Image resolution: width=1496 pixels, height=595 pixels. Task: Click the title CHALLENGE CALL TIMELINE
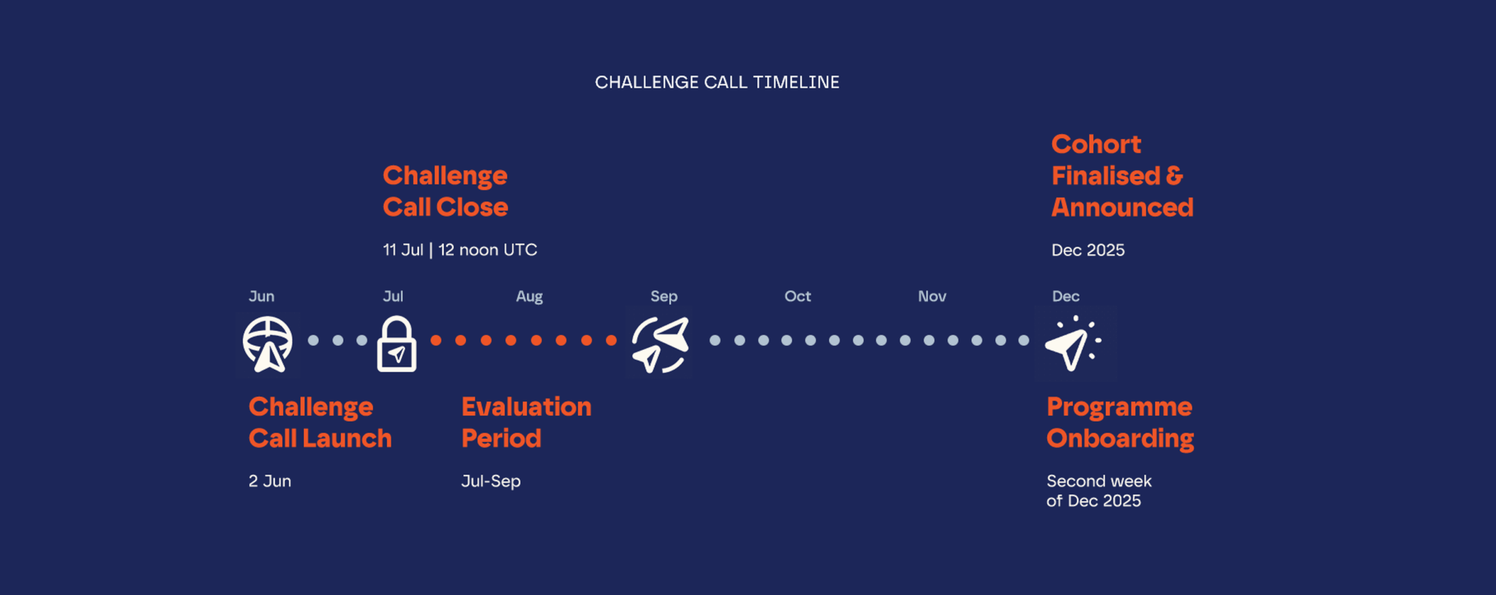click(x=717, y=82)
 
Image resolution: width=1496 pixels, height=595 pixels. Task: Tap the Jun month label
click(x=261, y=297)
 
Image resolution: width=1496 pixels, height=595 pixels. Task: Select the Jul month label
click(x=393, y=297)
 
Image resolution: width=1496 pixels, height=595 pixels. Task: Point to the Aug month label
click(x=529, y=297)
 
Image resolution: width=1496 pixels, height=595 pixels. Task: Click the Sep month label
click(x=664, y=297)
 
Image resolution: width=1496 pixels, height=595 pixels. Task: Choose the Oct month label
click(x=798, y=297)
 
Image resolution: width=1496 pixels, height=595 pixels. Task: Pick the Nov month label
click(x=932, y=297)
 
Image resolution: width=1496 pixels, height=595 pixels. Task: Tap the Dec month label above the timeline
click(x=1066, y=297)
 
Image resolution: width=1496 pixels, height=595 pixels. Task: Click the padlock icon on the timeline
click(x=397, y=345)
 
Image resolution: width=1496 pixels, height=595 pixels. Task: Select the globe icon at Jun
click(x=268, y=345)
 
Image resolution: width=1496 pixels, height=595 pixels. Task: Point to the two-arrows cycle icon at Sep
click(x=660, y=345)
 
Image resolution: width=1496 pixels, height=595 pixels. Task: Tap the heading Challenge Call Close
click(x=445, y=191)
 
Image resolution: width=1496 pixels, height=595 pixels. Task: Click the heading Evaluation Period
click(x=527, y=422)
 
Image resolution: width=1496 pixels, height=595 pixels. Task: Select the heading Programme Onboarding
click(x=1120, y=423)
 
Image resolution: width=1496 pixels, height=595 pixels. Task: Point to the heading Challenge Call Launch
click(x=320, y=423)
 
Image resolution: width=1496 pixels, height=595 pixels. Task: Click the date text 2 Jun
click(x=270, y=481)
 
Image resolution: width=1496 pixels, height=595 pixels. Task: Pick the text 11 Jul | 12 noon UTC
click(x=460, y=250)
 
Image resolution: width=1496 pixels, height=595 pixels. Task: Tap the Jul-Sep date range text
click(x=491, y=482)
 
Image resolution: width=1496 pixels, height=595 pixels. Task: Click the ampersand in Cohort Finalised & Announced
click(x=1175, y=176)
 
